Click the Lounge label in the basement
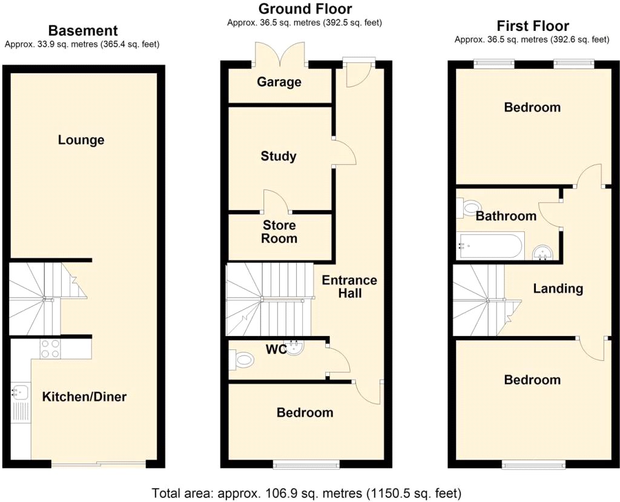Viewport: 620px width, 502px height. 81,140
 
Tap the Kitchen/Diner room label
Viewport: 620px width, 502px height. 84,397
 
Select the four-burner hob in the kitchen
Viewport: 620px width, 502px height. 50,349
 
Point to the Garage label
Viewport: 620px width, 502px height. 279,82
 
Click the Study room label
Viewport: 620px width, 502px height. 279,156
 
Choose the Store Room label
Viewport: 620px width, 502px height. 279,232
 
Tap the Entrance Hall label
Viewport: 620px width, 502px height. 349,286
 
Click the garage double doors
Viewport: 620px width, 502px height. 280,53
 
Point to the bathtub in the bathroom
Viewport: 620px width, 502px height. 490,246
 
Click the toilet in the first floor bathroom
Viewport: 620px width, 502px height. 469,207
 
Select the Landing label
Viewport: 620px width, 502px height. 558,288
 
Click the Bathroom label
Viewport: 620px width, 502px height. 506,216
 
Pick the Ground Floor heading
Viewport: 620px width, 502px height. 305,8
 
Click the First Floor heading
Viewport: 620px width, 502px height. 533,25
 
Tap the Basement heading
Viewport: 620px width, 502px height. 83,30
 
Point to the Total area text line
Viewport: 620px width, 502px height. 306,494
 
